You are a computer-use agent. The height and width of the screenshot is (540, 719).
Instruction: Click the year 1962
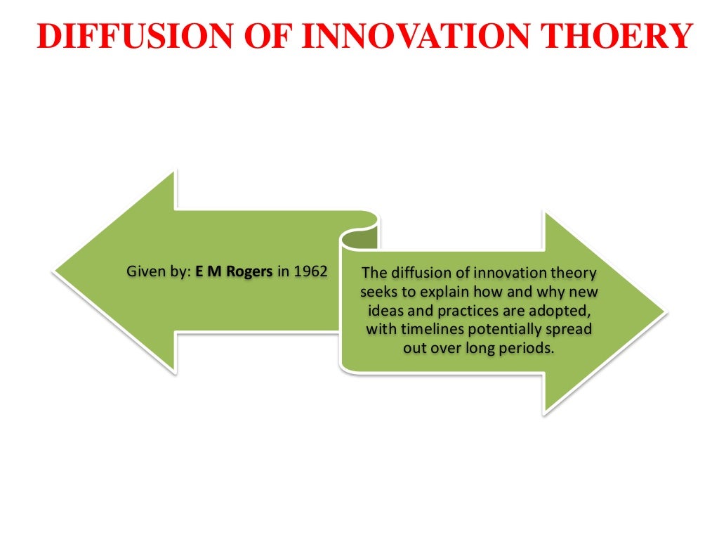(311, 271)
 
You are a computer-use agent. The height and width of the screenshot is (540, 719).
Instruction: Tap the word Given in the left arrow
(143, 271)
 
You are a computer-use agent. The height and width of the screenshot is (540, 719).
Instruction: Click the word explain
(432, 292)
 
